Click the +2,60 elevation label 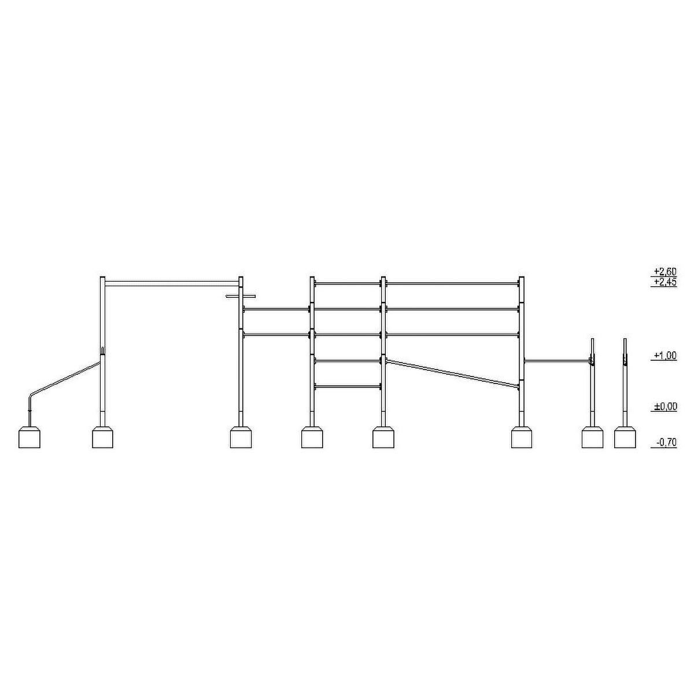(x=666, y=271)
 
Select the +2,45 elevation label (x=666, y=282)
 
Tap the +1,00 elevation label (x=666, y=356)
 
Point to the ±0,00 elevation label (x=666, y=407)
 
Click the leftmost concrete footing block (x=29, y=437)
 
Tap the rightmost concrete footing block (x=625, y=437)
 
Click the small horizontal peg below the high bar (x=240, y=297)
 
